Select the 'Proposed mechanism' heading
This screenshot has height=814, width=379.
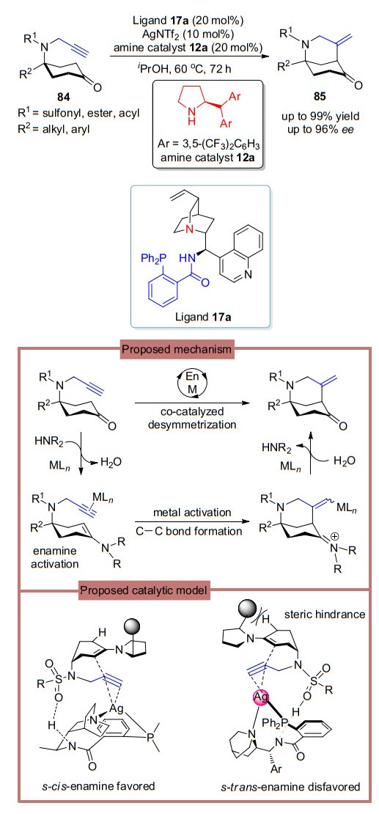click(x=177, y=350)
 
